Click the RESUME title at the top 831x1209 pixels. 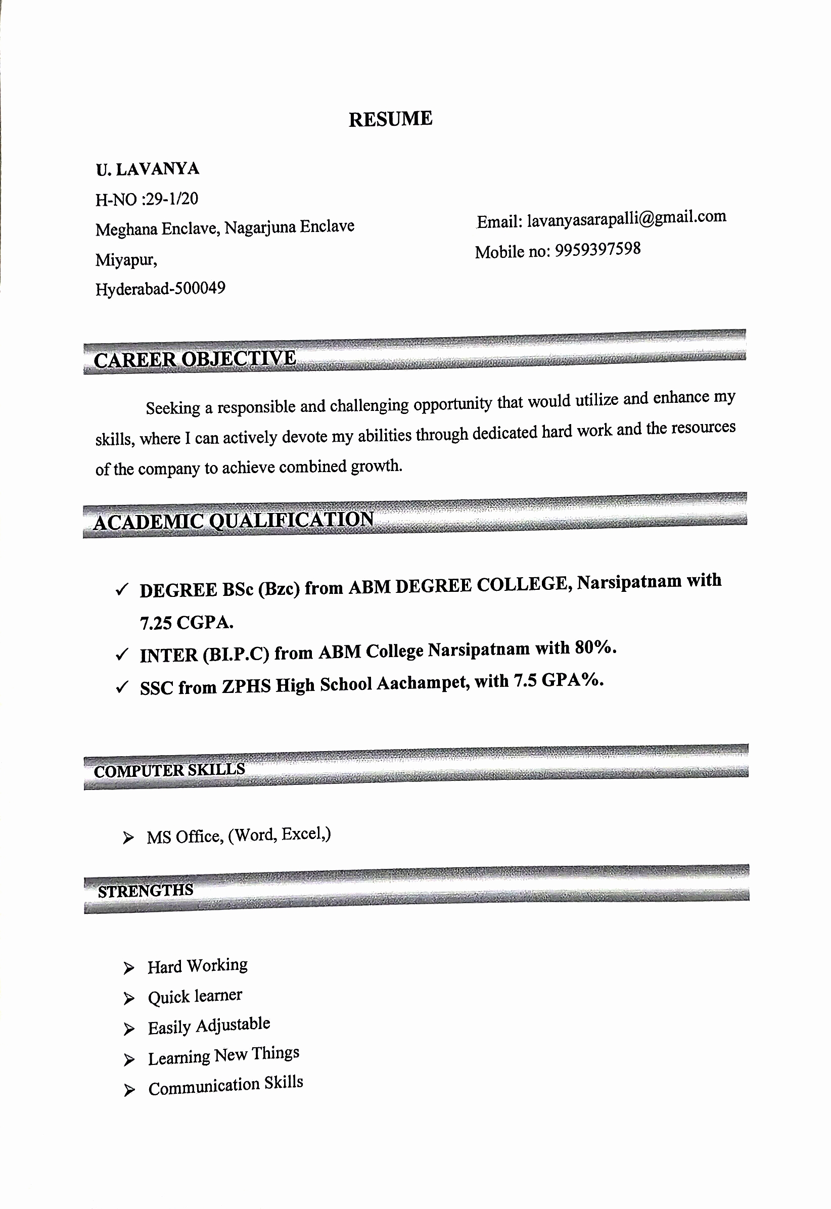(390, 119)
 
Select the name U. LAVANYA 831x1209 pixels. (148, 169)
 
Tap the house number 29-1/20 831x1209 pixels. (172, 199)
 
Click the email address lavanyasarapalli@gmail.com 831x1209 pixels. (626, 218)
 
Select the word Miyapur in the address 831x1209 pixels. (125, 259)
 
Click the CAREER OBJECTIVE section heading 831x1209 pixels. (195, 359)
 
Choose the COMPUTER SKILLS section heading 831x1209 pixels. (169, 770)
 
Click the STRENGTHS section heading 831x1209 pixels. (145, 891)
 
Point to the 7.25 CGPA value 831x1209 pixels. (187, 623)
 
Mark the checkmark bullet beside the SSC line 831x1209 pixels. (122, 688)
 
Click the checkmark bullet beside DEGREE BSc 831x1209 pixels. (122, 590)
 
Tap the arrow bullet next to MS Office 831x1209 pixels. (128, 838)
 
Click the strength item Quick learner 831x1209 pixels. (195, 996)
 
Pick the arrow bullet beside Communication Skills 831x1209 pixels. (129, 1090)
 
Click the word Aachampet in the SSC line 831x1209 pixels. (422, 683)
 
